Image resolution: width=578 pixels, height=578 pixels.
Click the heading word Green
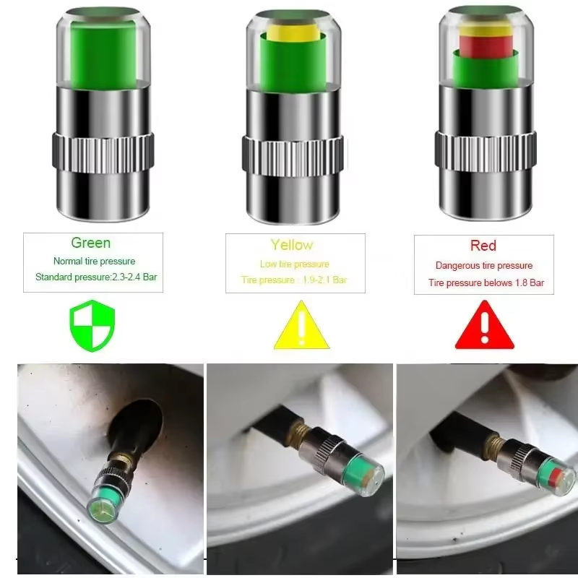click(91, 243)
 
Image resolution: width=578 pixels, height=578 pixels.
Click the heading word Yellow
click(292, 244)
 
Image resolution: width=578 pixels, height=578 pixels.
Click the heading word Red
click(483, 246)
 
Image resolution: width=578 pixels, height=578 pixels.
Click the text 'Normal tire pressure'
click(94, 262)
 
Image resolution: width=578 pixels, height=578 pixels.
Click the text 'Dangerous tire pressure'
click(484, 266)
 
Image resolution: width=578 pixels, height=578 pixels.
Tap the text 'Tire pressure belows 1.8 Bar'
click(486, 283)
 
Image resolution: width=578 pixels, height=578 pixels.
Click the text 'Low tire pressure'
click(294, 264)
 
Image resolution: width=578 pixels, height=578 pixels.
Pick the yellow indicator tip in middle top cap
click(292, 33)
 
